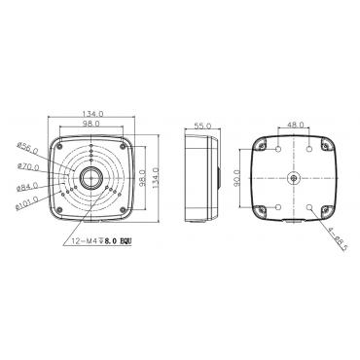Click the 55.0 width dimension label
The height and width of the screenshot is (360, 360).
[x=202, y=126]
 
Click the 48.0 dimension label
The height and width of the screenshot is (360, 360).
[x=295, y=125]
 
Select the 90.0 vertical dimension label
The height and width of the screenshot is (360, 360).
[x=237, y=178]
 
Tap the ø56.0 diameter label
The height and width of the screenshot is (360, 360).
[x=27, y=148]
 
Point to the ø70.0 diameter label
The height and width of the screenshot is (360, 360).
[x=29, y=167]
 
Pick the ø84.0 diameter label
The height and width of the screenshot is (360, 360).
[x=27, y=187]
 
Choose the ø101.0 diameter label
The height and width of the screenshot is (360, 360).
[x=27, y=203]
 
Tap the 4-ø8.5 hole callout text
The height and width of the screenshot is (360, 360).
[x=338, y=239]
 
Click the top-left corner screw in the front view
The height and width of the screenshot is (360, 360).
[x=59, y=146]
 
